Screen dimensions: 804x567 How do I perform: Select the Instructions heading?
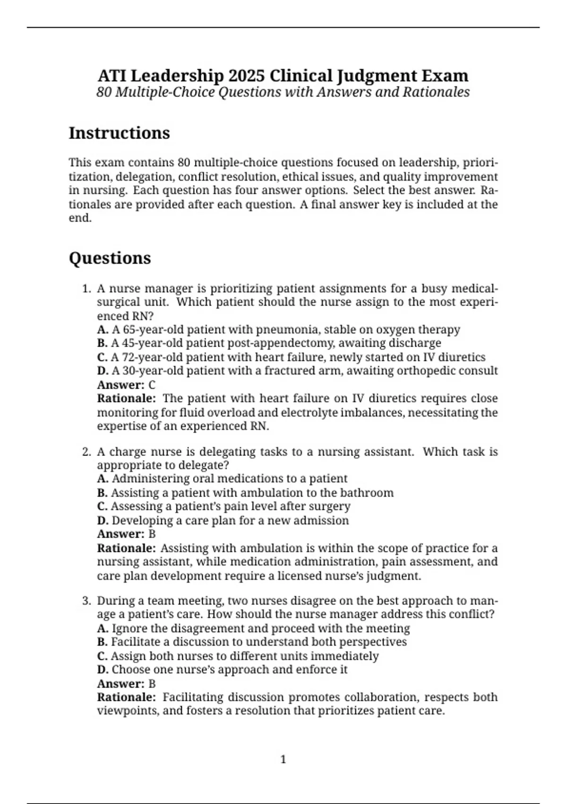119,133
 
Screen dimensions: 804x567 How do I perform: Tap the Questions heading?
110,258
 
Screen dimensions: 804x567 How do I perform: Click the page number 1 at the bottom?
283,760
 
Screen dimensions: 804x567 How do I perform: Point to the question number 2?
86,452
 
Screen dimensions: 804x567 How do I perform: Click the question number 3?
86,601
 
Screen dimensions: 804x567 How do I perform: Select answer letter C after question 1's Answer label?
152,385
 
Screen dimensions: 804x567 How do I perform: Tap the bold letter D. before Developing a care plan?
103,520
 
